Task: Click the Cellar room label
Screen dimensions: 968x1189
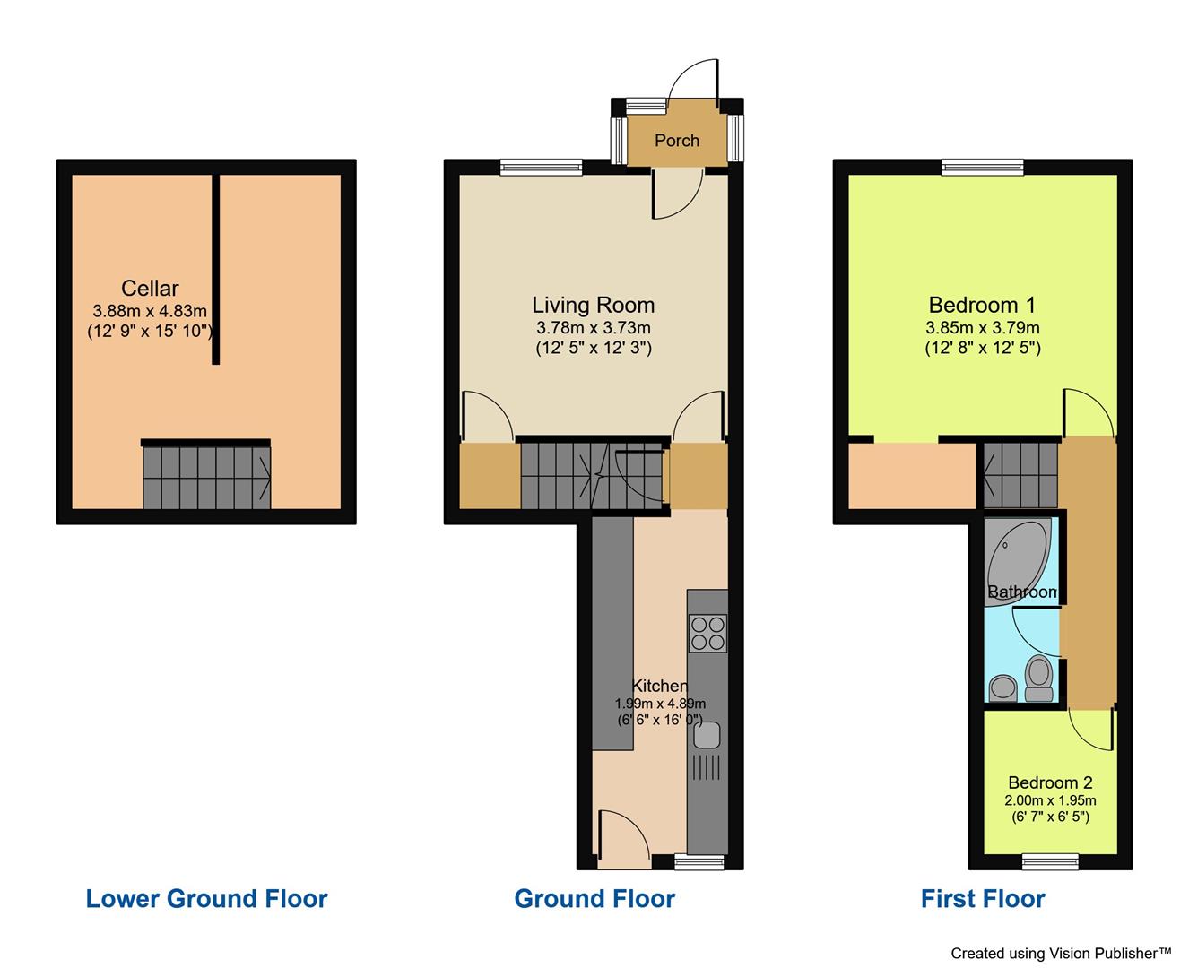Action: (x=150, y=289)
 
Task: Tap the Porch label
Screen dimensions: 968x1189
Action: (x=677, y=141)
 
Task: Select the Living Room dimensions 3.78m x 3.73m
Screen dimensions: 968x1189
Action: (x=593, y=328)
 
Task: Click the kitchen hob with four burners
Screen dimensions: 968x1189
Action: (x=707, y=632)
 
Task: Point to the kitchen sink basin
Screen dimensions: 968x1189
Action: (x=705, y=735)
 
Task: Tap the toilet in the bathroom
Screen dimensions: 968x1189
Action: (x=1038, y=678)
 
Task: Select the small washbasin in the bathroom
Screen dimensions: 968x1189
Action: (x=1002, y=688)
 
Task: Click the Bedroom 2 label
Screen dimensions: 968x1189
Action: (x=1050, y=782)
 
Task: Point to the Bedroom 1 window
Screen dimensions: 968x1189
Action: (x=982, y=167)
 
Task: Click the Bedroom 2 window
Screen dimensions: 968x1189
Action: (x=1051, y=862)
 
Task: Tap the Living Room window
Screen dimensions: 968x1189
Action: (x=541, y=167)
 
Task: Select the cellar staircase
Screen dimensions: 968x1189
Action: (x=207, y=477)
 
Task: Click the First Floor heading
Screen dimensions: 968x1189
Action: (x=983, y=899)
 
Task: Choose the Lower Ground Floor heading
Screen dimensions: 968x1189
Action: (x=206, y=899)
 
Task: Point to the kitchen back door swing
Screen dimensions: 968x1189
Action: (x=622, y=835)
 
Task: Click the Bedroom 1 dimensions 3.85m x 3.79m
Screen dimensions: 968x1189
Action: (x=982, y=328)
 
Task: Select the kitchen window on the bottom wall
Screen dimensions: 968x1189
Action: (x=699, y=862)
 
